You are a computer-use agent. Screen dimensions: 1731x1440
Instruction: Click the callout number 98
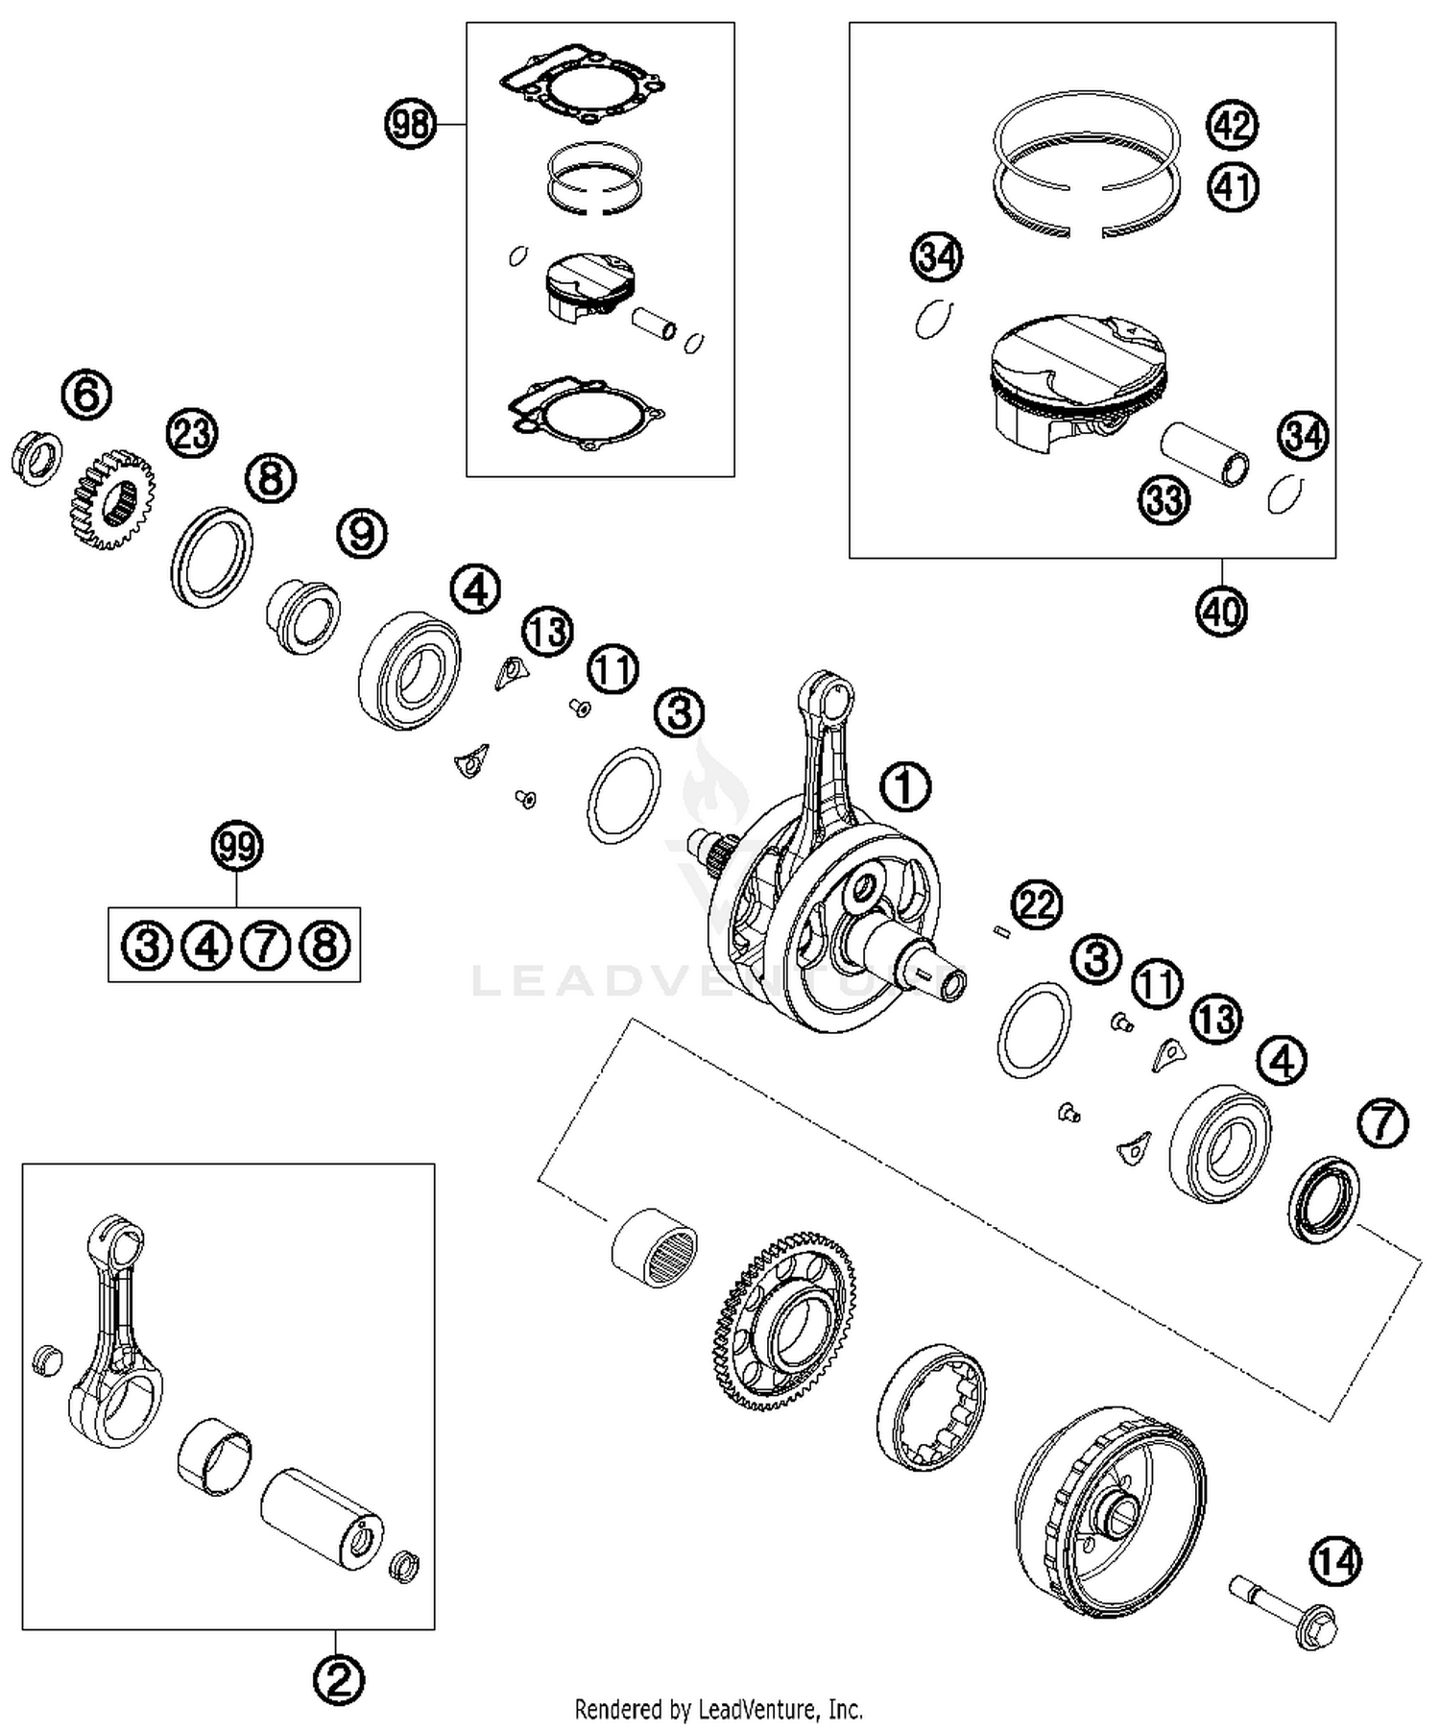pos(410,125)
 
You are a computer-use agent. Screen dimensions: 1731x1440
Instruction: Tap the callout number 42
pos(1233,126)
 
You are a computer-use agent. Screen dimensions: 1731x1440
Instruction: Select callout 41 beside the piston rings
pos(1233,186)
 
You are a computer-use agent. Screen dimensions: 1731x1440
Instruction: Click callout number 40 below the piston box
pos(1221,611)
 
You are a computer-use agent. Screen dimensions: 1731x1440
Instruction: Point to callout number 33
pos(1164,499)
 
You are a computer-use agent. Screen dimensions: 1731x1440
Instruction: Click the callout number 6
pos(86,395)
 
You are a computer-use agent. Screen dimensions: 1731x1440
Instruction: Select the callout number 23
pos(192,433)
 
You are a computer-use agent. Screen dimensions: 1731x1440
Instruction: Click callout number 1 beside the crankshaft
pos(906,787)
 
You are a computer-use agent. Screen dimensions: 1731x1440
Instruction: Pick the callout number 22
pos(1037,904)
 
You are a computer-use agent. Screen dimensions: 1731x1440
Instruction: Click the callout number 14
pos(1336,1562)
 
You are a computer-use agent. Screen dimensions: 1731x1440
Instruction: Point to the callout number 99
pos(237,847)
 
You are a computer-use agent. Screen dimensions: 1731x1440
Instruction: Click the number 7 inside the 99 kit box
pos(266,946)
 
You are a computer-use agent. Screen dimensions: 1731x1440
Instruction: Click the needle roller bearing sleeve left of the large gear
pos(655,1247)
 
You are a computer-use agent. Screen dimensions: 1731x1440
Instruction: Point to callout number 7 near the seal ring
pos(1382,1123)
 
